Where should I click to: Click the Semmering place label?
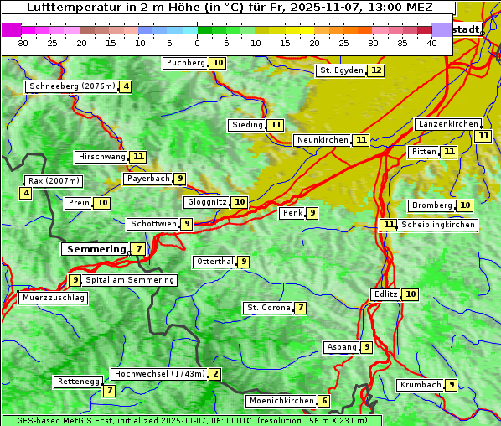point(95,249)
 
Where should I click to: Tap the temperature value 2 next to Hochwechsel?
point(215,374)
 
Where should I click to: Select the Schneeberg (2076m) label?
point(71,86)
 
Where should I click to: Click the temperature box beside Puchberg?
point(218,63)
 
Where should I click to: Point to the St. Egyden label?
point(341,70)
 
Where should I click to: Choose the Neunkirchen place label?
point(322,140)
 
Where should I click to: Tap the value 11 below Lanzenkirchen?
point(483,136)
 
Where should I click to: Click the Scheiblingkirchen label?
point(438,225)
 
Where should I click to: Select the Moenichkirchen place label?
point(281,401)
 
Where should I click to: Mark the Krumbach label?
point(421,385)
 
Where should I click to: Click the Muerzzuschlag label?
point(53,298)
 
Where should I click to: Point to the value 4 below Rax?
point(26,194)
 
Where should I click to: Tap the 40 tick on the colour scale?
point(431,43)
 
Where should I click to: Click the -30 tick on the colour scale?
point(21,43)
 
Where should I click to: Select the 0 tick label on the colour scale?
point(197,43)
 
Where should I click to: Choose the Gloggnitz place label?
point(205,202)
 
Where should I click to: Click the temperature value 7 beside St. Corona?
point(301,308)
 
